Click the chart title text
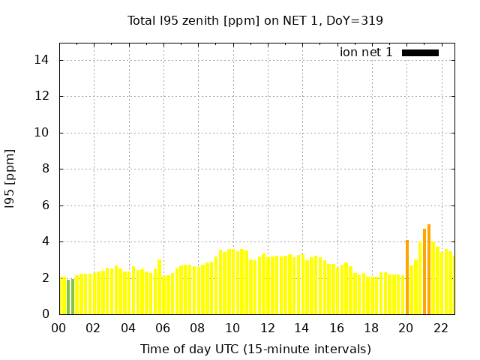click(255, 20)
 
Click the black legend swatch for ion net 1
click(420, 52)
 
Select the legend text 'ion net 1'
click(366, 52)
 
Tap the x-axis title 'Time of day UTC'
click(255, 349)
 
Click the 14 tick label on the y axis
click(43, 60)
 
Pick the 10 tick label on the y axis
click(43, 133)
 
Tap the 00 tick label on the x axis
click(59, 328)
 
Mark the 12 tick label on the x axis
click(267, 328)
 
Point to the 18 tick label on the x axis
click(370, 328)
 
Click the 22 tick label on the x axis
click(440, 328)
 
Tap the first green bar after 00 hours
click(68, 297)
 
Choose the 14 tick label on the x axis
click(301, 328)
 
